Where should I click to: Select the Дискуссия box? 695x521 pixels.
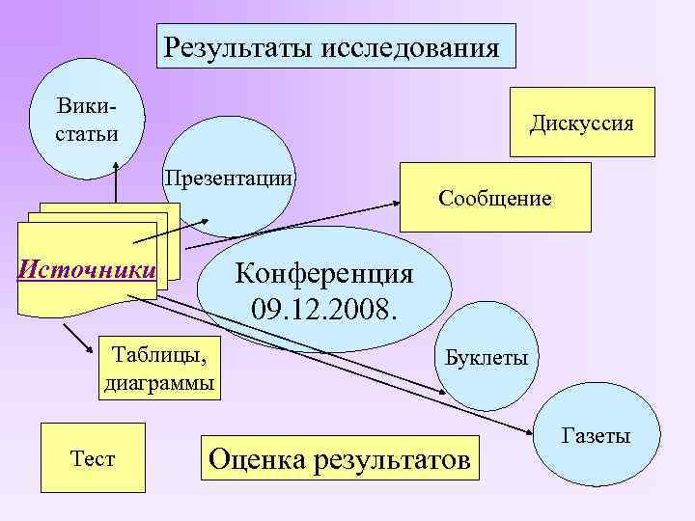point(581,124)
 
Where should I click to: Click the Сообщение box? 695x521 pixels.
point(494,198)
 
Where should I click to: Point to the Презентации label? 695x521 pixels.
point(229,178)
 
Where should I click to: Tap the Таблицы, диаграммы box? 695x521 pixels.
point(159,367)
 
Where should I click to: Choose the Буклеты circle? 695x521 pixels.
point(486,358)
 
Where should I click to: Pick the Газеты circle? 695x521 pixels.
point(596,436)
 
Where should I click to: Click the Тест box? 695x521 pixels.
point(93,457)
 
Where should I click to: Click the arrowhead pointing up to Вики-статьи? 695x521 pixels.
point(116,170)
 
